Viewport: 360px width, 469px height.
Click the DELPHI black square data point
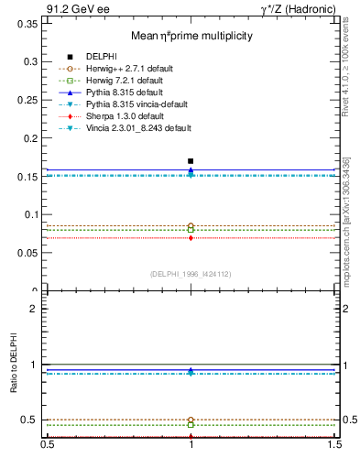pyautogui.click(x=191, y=161)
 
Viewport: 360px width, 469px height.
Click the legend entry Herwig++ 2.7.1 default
pyautogui.click(x=125, y=68)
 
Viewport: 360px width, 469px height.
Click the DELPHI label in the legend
pyautogui.click(x=102, y=56)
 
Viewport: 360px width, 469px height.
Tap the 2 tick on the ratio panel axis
pyautogui.click(x=35, y=309)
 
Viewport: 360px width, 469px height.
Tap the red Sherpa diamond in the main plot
pyautogui.click(x=191, y=238)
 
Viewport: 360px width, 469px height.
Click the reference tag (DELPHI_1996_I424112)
pyautogui.click(x=191, y=274)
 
